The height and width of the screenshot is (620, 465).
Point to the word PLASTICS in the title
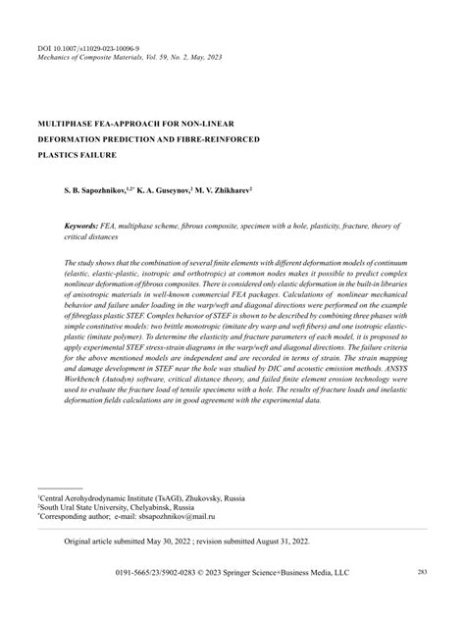[56, 155]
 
